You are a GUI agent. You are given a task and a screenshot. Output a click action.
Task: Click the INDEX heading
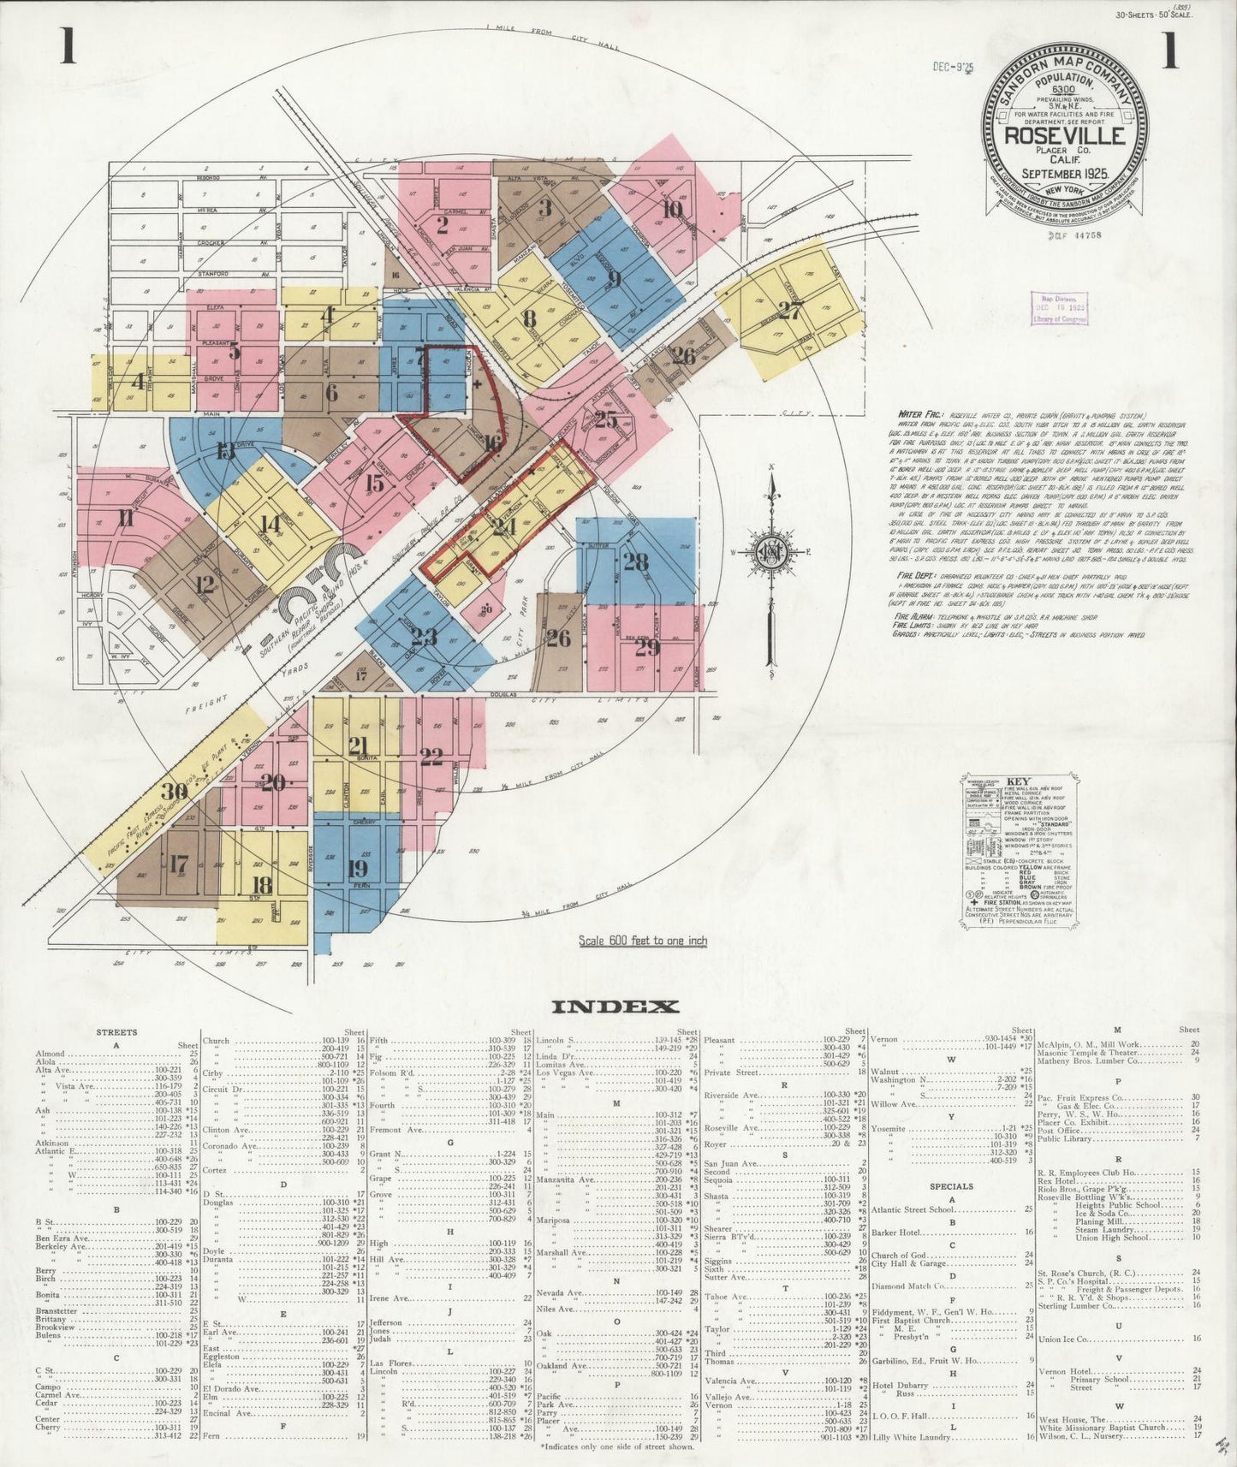[x=616, y=1007]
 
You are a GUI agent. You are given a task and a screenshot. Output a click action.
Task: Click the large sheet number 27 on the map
[x=790, y=310]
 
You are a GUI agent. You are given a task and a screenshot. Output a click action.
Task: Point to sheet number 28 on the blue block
[x=635, y=561]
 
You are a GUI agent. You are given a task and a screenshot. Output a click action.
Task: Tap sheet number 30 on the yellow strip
[x=175, y=790]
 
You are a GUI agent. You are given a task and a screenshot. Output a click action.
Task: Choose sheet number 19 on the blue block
[x=358, y=868]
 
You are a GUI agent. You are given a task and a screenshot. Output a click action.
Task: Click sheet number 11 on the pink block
[x=127, y=518]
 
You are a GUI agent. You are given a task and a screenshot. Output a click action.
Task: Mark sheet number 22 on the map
[x=431, y=756]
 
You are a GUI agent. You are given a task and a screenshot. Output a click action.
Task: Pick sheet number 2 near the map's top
[x=443, y=226]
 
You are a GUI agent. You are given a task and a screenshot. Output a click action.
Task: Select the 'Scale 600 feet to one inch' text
[x=643, y=941]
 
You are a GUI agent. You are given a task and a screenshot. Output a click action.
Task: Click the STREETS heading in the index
[x=117, y=1032]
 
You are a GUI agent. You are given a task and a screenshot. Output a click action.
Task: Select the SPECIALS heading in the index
[x=952, y=1186]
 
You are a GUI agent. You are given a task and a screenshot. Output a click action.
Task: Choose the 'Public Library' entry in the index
[x=1064, y=1139]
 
